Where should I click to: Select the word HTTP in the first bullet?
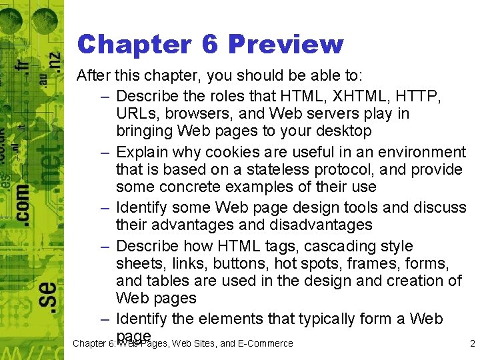[419, 96]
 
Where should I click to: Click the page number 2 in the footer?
[472, 344]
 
